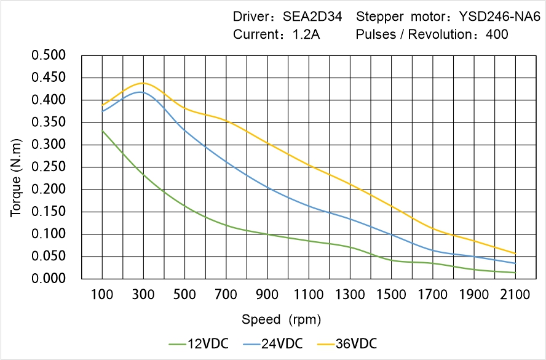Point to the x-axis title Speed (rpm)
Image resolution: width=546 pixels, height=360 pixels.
(x=281, y=319)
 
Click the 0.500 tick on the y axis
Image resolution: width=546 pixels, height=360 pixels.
(x=48, y=55)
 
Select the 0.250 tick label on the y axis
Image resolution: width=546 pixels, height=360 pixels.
(x=48, y=167)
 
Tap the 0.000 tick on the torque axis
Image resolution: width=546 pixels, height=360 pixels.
(x=48, y=279)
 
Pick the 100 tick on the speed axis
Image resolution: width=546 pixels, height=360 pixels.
(x=102, y=295)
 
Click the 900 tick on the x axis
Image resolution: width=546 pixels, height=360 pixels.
(x=267, y=295)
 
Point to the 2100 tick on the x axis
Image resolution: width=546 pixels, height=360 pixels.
(x=515, y=295)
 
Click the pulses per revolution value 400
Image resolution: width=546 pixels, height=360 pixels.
(x=497, y=34)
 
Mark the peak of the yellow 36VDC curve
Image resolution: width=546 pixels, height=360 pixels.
(x=143, y=83)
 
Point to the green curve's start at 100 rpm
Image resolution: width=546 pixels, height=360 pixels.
(x=102, y=130)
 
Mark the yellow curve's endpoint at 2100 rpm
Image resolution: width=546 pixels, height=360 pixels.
(x=515, y=254)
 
